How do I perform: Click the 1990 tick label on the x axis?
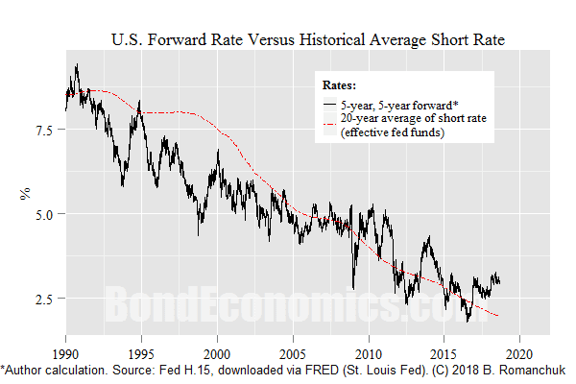click(65, 351)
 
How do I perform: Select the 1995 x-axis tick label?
click(141, 351)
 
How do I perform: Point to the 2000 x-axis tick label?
click(217, 351)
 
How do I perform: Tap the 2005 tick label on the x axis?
click(293, 351)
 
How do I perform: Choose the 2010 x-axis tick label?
click(368, 351)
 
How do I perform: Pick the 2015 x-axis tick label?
click(444, 351)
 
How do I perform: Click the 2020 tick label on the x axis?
click(519, 351)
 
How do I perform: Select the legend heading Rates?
click(344, 84)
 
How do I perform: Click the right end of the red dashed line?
click(498, 316)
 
